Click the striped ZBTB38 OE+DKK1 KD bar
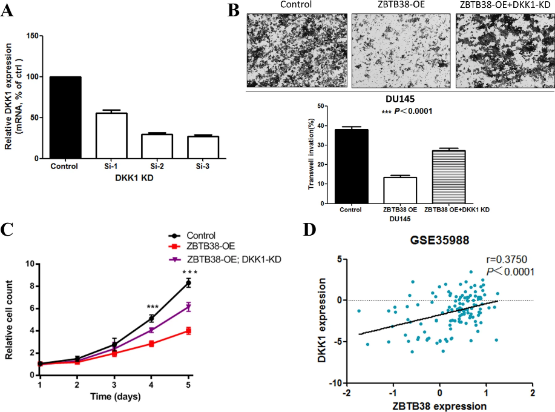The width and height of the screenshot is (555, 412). click(x=448, y=176)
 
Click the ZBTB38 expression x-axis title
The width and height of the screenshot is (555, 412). click(x=440, y=405)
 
